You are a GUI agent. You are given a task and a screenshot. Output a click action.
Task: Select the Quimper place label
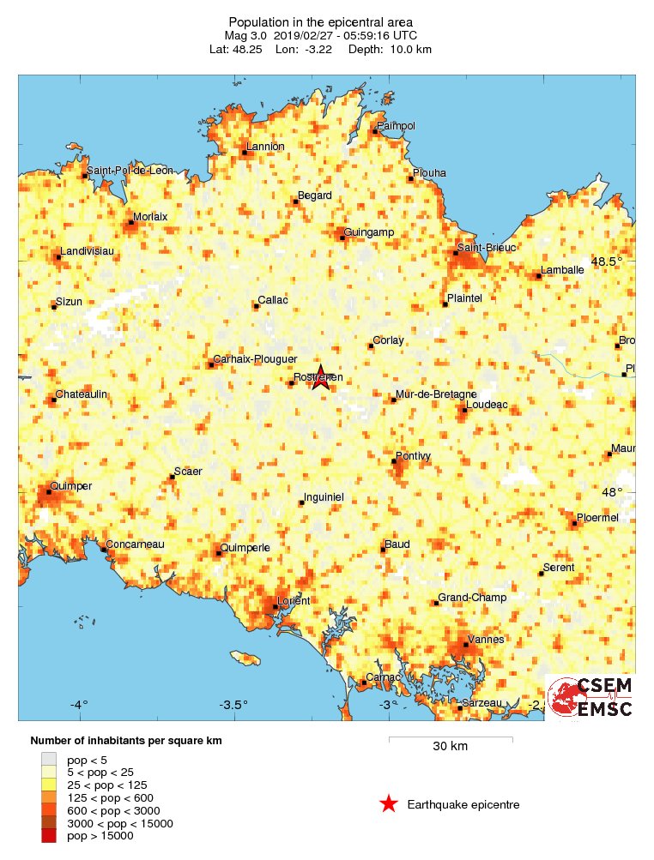click(x=71, y=486)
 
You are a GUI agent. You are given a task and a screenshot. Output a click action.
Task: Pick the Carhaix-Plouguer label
click(x=255, y=359)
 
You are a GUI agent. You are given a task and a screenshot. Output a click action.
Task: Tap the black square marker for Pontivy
click(x=395, y=462)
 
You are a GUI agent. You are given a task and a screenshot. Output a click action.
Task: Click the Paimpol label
click(x=396, y=126)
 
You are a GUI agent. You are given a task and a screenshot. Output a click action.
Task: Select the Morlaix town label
click(x=149, y=217)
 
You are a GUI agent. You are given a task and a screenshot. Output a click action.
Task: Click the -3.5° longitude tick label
click(x=233, y=705)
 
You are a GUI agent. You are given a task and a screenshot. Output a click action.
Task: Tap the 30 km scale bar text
click(x=450, y=746)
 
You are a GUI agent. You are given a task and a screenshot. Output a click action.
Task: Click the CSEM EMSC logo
click(x=590, y=696)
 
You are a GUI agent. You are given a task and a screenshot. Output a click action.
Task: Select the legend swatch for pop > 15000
click(x=50, y=836)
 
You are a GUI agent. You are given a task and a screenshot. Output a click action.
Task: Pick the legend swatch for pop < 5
click(x=50, y=759)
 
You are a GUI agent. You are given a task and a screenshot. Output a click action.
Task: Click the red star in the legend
click(x=389, y=803)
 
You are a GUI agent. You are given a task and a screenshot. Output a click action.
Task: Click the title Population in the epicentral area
click(x=320, y=21)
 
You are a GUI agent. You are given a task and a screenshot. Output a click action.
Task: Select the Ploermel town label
click(x=599, y=517)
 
